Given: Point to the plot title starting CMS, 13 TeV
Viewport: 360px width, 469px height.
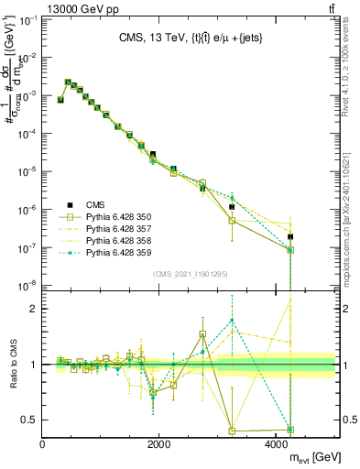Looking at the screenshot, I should (x=189, y=38).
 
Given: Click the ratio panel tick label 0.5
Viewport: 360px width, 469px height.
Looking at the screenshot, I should (x=31, y=420).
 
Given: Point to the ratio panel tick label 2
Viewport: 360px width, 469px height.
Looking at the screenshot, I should (x=35, y=309).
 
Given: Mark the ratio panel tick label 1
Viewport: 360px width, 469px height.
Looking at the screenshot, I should (x=35, y=365).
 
